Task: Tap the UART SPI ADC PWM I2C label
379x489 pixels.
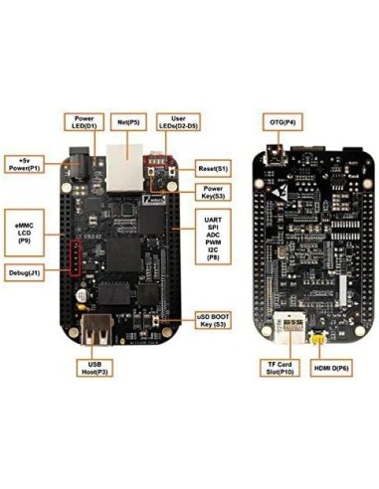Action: pyautogui.click(x=211, y=236)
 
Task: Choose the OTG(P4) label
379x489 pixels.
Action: pyautogui.click(x=281, y=122)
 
